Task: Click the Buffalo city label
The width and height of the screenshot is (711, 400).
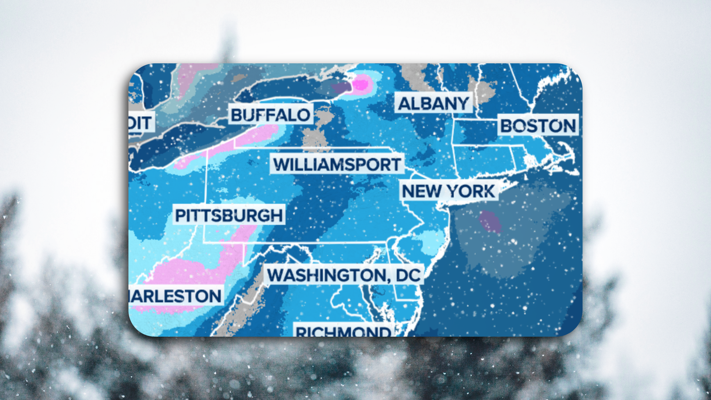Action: (x=270, y=115)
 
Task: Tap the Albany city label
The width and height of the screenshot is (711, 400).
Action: (x=434, y=103)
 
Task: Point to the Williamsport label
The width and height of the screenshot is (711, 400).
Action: (x=337, y=164)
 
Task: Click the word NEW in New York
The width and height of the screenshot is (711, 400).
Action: (x=421, y=191)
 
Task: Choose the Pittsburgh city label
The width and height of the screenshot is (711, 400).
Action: (x=229, y=215)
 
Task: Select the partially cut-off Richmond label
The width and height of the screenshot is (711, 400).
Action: (x=343, y=331)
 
